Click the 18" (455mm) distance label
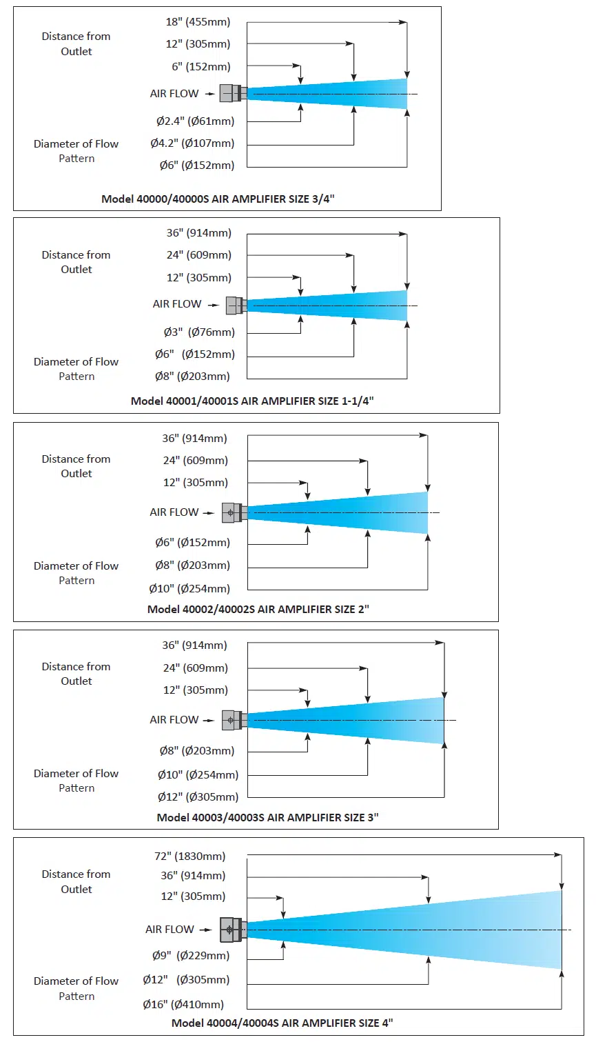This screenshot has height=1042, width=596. point(198,22)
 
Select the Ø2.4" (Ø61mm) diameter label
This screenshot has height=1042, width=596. point(195,121)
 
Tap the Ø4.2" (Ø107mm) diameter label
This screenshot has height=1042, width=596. point(192,143)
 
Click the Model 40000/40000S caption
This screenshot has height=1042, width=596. point(218,199)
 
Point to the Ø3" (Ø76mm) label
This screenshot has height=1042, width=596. point(199,332)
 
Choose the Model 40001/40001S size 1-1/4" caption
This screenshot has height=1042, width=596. point(252,401)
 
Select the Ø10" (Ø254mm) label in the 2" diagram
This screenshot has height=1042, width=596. point(189,589)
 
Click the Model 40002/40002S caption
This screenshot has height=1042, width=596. point(258,609)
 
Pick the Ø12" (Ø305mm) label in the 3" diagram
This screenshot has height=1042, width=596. point(198,797)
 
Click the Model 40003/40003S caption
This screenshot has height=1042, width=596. point(267,817)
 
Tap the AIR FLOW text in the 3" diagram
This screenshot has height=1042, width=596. point(174,720)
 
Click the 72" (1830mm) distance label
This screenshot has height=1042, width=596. point(190,856)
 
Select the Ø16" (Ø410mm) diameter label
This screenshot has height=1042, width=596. point(183,1005)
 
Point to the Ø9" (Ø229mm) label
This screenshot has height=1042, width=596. point(191,956)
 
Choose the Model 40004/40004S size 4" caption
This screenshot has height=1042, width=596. point(282,1023)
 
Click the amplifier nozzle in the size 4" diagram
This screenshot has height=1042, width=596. point(233,930)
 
